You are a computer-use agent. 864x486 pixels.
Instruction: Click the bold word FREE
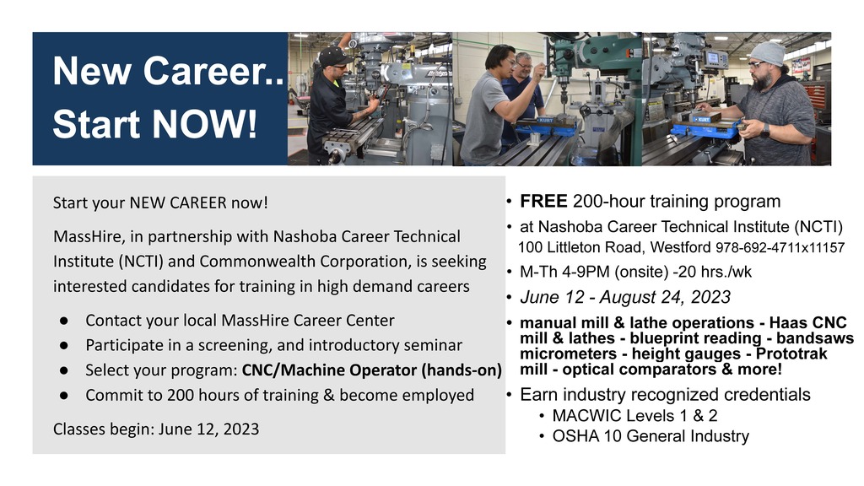point(543,201)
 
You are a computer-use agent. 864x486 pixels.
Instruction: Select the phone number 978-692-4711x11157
point(780,247)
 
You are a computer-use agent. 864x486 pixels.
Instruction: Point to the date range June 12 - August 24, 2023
point(625,297)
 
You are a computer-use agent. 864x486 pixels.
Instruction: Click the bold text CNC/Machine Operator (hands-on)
point(372,370)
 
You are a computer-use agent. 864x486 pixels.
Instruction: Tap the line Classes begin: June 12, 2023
point(156,429)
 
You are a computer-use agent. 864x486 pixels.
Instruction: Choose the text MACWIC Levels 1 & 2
point(634,415)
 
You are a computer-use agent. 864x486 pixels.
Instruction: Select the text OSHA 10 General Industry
point(651,436)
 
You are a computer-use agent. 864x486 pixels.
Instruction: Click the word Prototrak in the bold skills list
point(791,354)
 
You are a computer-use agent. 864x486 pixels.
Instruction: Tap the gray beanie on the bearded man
point(768,53)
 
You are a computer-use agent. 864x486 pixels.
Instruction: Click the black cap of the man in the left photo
point(335,57)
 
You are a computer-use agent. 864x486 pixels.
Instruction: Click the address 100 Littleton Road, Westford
point(614,247)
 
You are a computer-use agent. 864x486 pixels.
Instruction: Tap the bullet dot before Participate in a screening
point(64,345)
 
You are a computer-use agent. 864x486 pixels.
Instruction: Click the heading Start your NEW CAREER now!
point(160,202)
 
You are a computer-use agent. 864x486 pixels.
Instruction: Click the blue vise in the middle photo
point(546,127)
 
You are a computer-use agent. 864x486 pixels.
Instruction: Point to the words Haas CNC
point(807,322)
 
